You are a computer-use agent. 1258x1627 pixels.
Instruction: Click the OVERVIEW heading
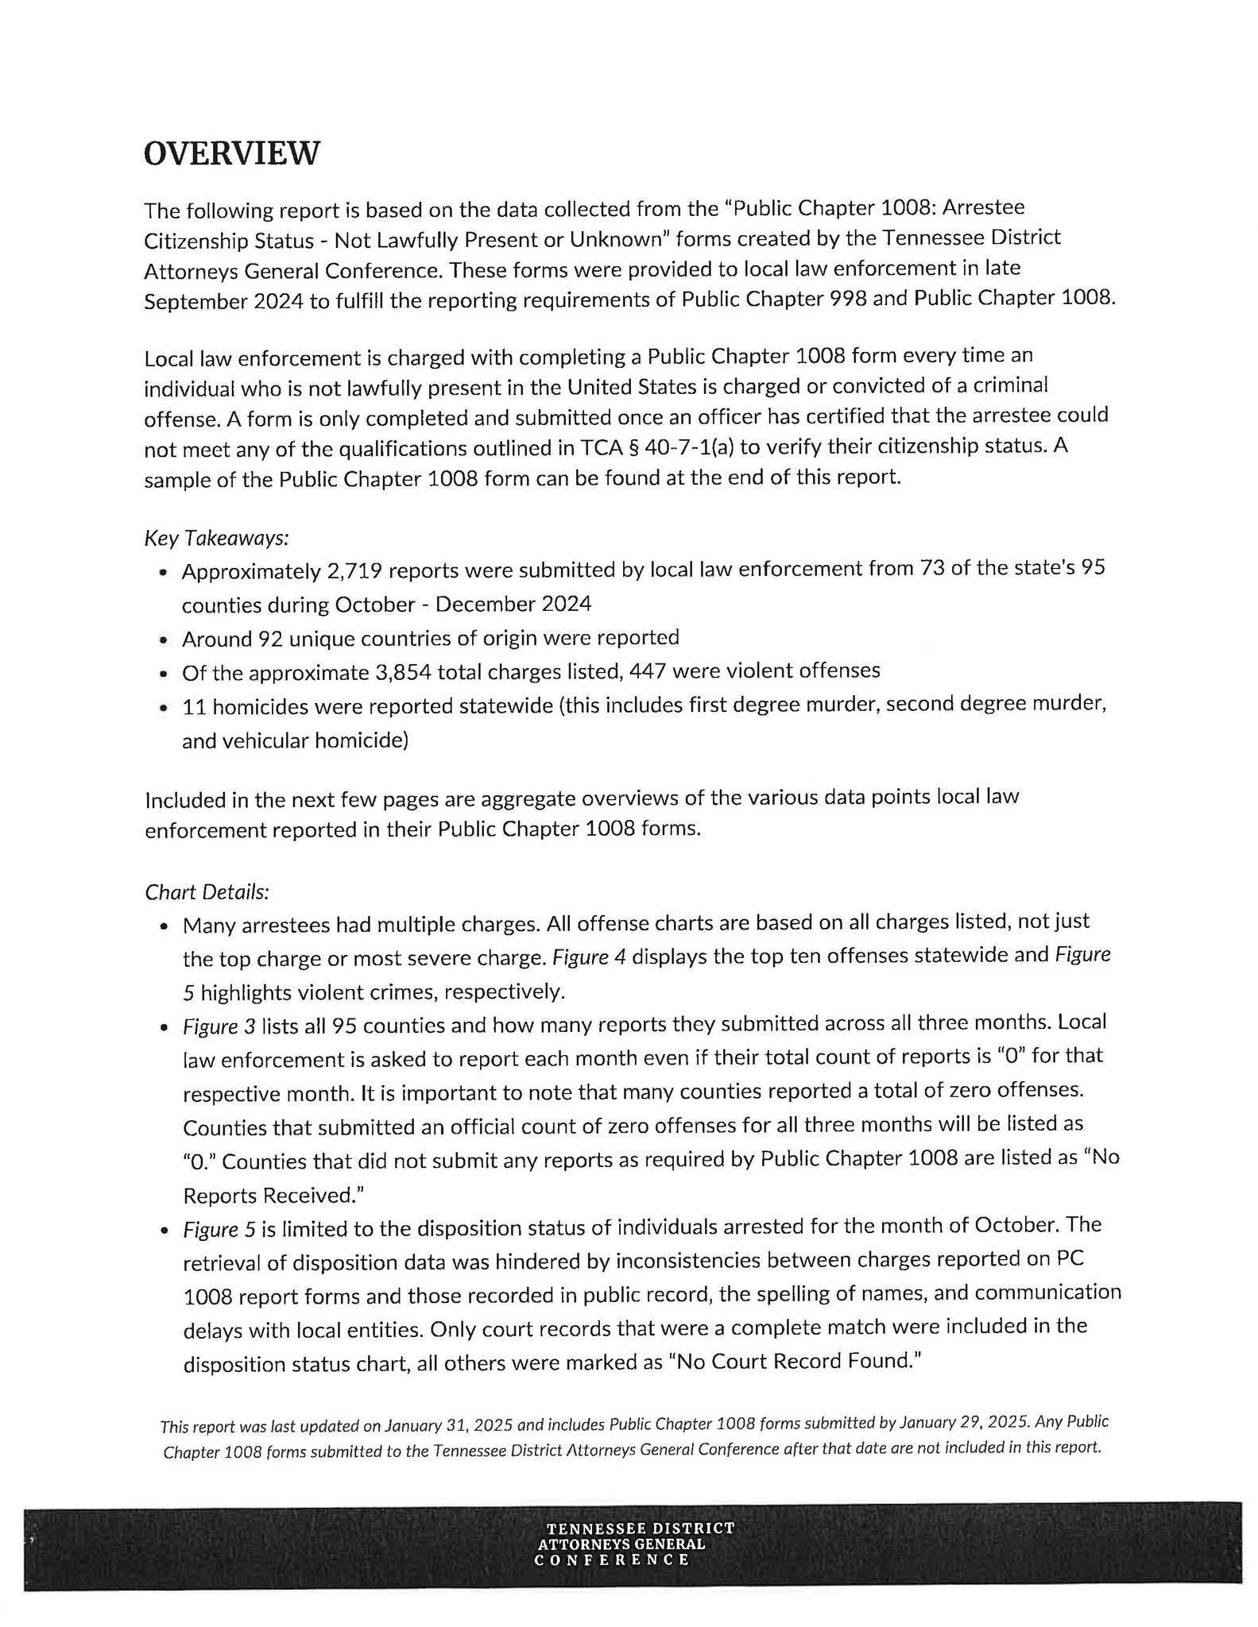click(231, 153)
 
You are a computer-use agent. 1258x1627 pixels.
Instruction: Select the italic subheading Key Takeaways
click(216, 538)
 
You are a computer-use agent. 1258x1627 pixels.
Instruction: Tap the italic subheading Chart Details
click(207, 892)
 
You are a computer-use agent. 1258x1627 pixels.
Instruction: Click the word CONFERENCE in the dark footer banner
click(612, 1559)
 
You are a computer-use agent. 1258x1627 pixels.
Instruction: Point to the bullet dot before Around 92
click(164, 640)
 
